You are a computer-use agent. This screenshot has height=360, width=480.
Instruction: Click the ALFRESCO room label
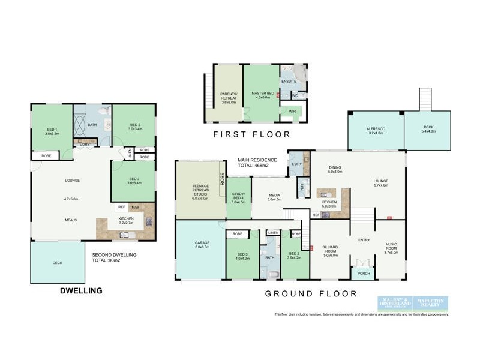tap(376, 130)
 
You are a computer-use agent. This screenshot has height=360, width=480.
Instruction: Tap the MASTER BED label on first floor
tap(262, 95)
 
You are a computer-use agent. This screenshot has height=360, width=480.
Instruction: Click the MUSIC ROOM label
tap(391, 247)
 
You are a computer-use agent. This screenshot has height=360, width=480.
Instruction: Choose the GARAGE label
tap(201, 244)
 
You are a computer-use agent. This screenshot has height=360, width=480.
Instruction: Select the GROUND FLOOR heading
tap(311, 294)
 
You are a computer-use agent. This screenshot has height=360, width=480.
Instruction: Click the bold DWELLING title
tap(80, 291)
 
